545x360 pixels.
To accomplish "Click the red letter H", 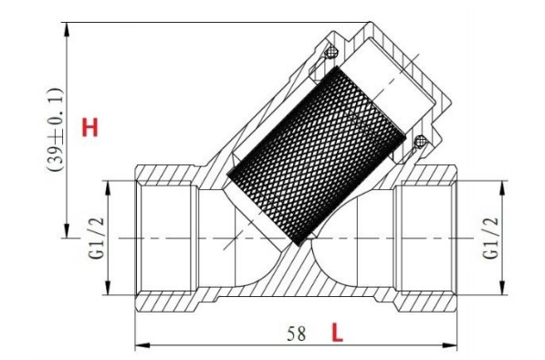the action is (x=90, y=127).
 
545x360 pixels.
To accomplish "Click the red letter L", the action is (x=337, y=333).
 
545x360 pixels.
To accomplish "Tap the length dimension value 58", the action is (x=296, y=334).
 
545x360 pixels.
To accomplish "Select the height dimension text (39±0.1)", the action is (x=55, y=130).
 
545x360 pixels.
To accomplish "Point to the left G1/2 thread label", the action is (x=97, y=238).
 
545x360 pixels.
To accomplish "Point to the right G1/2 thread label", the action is (x=491, y=238).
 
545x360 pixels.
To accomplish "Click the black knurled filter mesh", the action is (x=316, y=155).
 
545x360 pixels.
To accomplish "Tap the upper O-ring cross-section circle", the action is (x=331, y=52).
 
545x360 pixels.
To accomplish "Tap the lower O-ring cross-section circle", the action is (x=420, y=141).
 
